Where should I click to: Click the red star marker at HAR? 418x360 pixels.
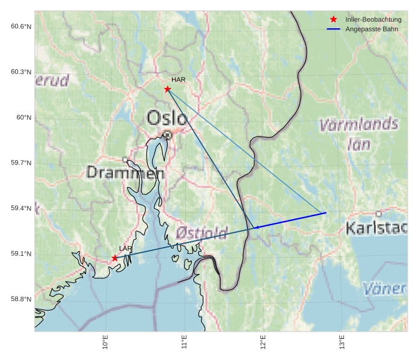[168, 89]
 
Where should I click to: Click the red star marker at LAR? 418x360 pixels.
[115, 258]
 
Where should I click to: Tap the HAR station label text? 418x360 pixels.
[178, 79]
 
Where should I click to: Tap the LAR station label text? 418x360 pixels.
[125, 249]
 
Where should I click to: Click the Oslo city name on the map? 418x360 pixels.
[167, 117]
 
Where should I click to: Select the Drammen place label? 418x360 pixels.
[125, 173]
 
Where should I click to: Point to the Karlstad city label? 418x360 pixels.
[377, 228]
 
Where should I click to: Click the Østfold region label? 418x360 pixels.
[201, 232]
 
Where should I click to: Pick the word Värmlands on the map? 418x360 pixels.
[358, 125]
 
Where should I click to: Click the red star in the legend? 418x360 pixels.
[333, 20]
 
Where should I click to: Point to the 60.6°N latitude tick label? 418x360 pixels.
[21, 26]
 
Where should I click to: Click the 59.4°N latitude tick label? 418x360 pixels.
[21, 208]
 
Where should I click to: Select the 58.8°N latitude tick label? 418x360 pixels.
[21, 299]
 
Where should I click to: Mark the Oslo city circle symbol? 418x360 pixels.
[167, 135]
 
